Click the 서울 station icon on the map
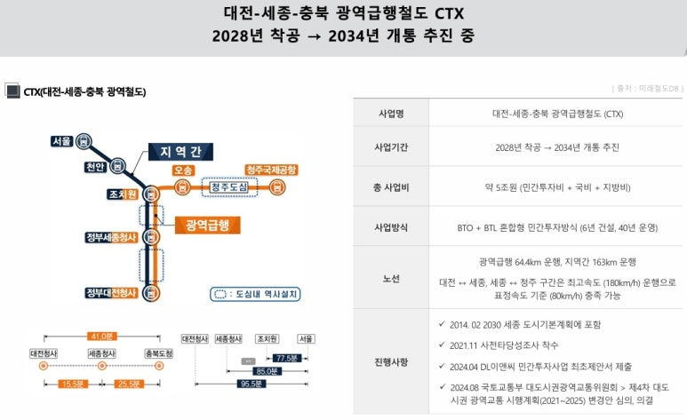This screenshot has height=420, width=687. click(83, 140)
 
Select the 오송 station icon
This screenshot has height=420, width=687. click(182, 186)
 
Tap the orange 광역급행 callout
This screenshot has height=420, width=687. click(207, 225)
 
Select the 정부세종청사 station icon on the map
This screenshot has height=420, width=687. click(151, 238)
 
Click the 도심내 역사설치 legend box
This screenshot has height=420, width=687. click(256, 295)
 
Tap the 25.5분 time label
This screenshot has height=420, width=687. click(130, 384)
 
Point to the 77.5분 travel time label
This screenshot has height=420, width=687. click(285, 358)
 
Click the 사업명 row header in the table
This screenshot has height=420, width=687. click(391, 114)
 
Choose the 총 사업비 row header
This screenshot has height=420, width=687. click(391, 187)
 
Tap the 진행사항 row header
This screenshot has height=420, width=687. click(391, 362)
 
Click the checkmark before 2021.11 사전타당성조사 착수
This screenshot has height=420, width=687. click(442, 345)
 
